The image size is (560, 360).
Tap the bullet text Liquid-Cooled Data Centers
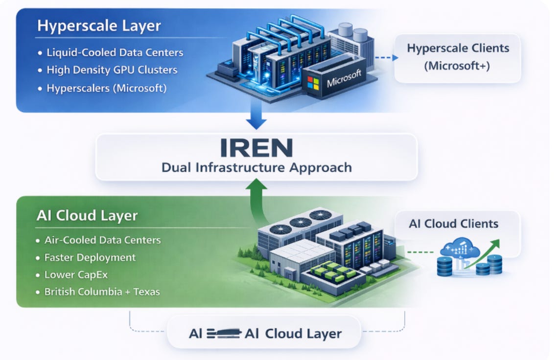tap(115, 52)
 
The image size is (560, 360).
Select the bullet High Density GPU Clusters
tap(112, 70)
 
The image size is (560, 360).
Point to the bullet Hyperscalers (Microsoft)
tap(106, 88)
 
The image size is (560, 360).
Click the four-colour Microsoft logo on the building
tap(313, 82)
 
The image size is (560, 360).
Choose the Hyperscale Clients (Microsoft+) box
tap(458, 57)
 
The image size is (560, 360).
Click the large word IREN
tap(256, 147)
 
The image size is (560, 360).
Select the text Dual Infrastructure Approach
tap(257, 167)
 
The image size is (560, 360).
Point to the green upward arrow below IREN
tap(256, 196)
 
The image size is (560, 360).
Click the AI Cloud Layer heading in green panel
tap(87, 216)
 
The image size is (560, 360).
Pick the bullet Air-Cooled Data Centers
tap(102, 240)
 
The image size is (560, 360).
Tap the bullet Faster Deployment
tap(90, 257)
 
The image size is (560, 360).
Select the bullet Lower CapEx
tap(76, 274)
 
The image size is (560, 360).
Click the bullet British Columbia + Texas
tap(102, 292)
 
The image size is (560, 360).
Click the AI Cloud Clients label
tap(453, 224)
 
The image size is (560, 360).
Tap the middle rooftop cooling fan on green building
tap(301, 223)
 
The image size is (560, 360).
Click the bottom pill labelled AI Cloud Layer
tap(265, 334)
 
